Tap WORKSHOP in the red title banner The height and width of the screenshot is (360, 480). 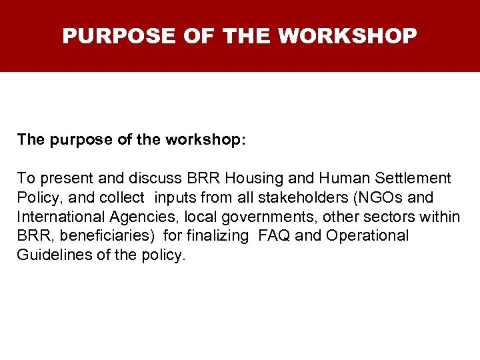tap(347, 35)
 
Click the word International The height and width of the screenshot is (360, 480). tap(58, 217)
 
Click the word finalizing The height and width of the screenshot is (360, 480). tap(220, 236)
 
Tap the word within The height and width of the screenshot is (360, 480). tap(440, 217)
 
